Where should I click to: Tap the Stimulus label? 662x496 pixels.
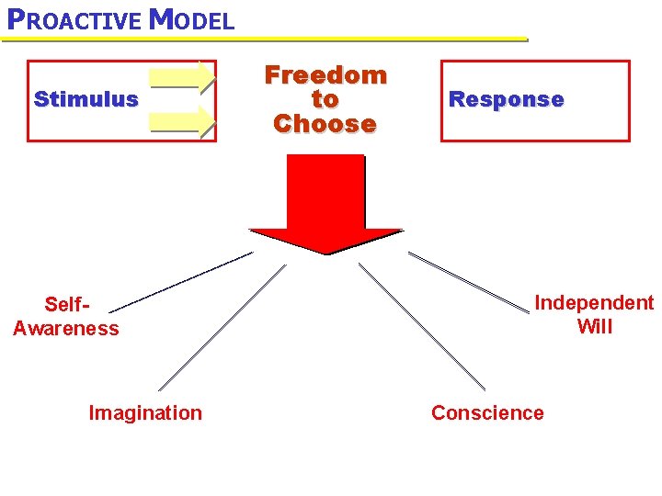click(86, 99)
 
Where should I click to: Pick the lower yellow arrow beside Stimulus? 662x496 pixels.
click(182, 120)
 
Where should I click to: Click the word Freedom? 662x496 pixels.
click(325, 75)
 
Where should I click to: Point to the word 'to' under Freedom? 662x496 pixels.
click(325, 99)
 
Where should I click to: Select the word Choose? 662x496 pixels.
click(325, 124)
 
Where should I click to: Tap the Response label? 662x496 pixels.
click(506, 99)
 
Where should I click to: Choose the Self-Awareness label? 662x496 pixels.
click(66, 316)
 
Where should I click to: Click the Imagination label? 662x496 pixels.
click(145, 412)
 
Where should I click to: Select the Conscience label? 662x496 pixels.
click(487, 412)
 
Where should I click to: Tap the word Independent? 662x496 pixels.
click(594, 303)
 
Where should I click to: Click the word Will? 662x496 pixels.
click(594, 327)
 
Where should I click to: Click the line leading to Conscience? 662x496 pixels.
click(421, 327)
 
